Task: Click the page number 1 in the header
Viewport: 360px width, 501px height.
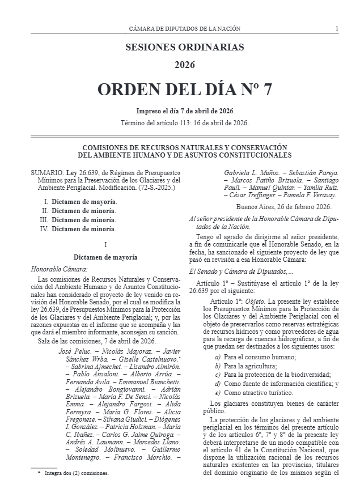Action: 337,28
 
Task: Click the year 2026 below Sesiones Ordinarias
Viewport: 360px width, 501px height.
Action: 185,65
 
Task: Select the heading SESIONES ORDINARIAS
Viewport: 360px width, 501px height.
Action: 185,47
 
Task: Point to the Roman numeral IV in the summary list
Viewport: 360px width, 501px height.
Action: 43,229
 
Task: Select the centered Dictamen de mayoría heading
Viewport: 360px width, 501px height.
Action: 105,257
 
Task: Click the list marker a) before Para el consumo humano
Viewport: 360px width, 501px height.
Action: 218,357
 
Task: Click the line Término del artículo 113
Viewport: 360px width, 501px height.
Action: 185,123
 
